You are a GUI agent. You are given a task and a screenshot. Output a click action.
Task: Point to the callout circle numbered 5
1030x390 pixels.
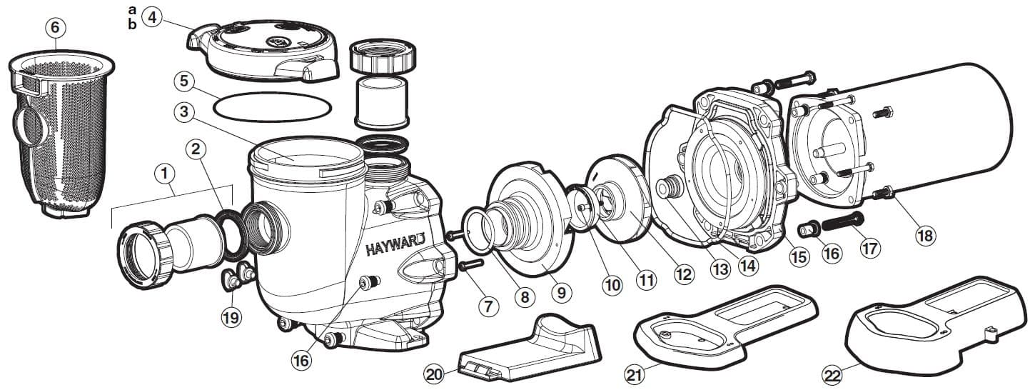point(184,81)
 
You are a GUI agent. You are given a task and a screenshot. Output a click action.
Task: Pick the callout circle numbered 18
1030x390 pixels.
point(925,235)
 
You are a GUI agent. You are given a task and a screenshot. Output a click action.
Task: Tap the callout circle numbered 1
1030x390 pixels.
point(165,174)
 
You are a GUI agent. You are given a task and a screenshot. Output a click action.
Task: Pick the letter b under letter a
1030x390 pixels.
point(131,25)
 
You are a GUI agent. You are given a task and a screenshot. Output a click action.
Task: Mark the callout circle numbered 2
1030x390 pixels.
point(198,149)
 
